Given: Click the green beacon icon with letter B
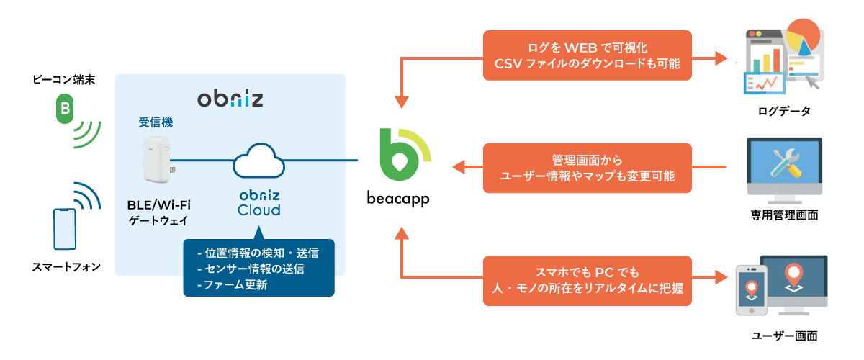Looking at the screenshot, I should [65, 109].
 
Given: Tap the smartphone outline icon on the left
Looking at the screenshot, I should [64, 230].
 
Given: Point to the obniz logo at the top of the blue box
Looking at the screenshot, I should [230, 98].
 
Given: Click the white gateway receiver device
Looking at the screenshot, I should [156, 160].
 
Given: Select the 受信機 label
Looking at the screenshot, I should [156, 122].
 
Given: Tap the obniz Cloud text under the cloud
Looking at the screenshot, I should [259, 203].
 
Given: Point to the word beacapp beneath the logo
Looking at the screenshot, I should [404, 197].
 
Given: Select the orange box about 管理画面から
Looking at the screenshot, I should [587, 168].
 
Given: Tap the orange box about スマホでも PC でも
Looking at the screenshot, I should [587, 281].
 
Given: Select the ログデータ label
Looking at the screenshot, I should [784, 111].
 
